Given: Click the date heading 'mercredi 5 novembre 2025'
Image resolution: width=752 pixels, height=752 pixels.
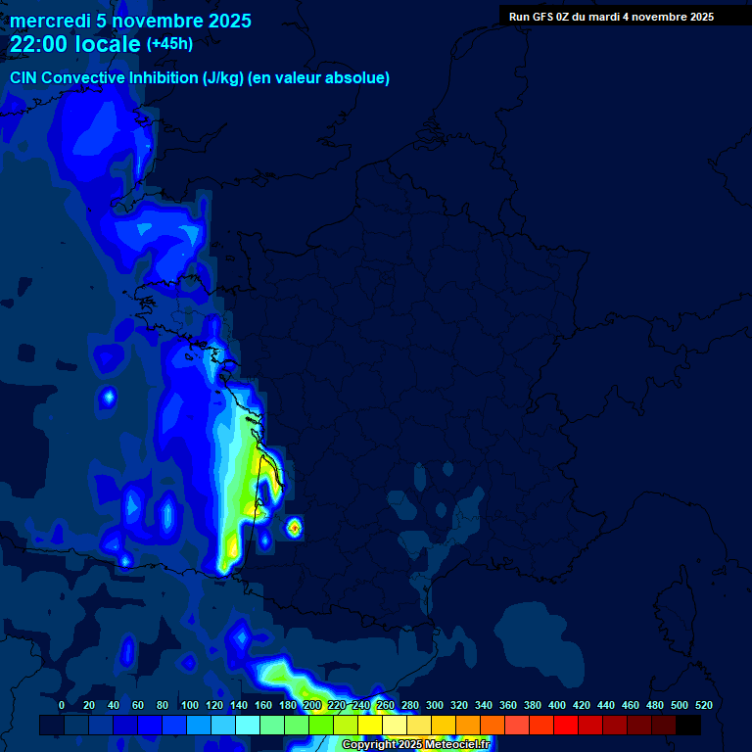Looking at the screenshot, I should pos(130,21).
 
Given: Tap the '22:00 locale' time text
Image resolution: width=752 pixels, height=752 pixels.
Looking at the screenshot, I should pos(75,44).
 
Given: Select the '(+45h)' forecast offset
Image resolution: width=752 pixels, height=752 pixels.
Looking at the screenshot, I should pos(169,44).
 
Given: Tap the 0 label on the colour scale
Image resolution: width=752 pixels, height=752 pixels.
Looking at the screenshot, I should pos(62,705).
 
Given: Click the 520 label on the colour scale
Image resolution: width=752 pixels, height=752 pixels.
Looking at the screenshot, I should pos(704,705).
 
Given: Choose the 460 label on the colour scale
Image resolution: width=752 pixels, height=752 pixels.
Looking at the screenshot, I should pos(631,705).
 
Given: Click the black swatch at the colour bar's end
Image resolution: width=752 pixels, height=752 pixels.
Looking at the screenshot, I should pos(688,726).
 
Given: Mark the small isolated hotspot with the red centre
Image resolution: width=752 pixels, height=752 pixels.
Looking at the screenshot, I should pos(294,528).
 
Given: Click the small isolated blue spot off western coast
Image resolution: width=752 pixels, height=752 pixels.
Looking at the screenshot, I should pos(108,398).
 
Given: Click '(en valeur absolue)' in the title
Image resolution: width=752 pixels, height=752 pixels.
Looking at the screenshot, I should pos(319,78).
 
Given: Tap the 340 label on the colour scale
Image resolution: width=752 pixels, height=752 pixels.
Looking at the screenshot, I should pos(484,705).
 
